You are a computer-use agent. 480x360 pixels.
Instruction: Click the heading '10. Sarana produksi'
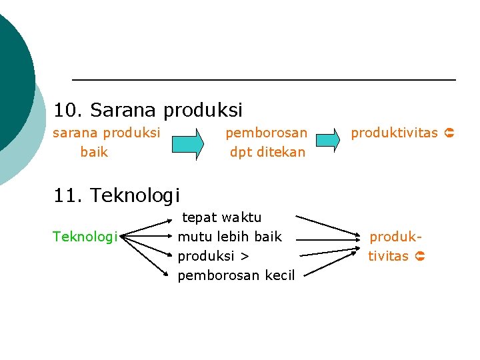tap(148, 109)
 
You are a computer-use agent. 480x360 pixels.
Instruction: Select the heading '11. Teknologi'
tap(117, 195)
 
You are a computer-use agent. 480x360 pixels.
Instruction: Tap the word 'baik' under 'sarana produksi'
tap(94, 152)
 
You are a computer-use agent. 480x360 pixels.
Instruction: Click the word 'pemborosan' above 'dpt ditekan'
tap(267, 133)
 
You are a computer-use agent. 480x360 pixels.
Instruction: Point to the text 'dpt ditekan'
tap(267, 152)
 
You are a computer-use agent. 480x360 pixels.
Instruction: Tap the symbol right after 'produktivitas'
tap(449, 133)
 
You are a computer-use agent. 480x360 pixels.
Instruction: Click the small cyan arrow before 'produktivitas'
tap(327, 140)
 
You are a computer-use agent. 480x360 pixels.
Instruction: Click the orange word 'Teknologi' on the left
tap(85, 237)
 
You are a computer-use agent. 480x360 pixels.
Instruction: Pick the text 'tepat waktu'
tap(222, 217)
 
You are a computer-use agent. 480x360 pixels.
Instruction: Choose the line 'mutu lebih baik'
tap(230, 237)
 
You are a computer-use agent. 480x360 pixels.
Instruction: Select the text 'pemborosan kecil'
tap(236, 275)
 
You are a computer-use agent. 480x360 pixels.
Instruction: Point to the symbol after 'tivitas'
tap(420, 256)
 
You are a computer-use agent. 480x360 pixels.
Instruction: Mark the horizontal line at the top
tap(263, 80)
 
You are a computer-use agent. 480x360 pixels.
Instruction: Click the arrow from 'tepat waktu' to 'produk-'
tap(327, 225)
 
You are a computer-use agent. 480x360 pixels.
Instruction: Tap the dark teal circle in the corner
tap(10, 80)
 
